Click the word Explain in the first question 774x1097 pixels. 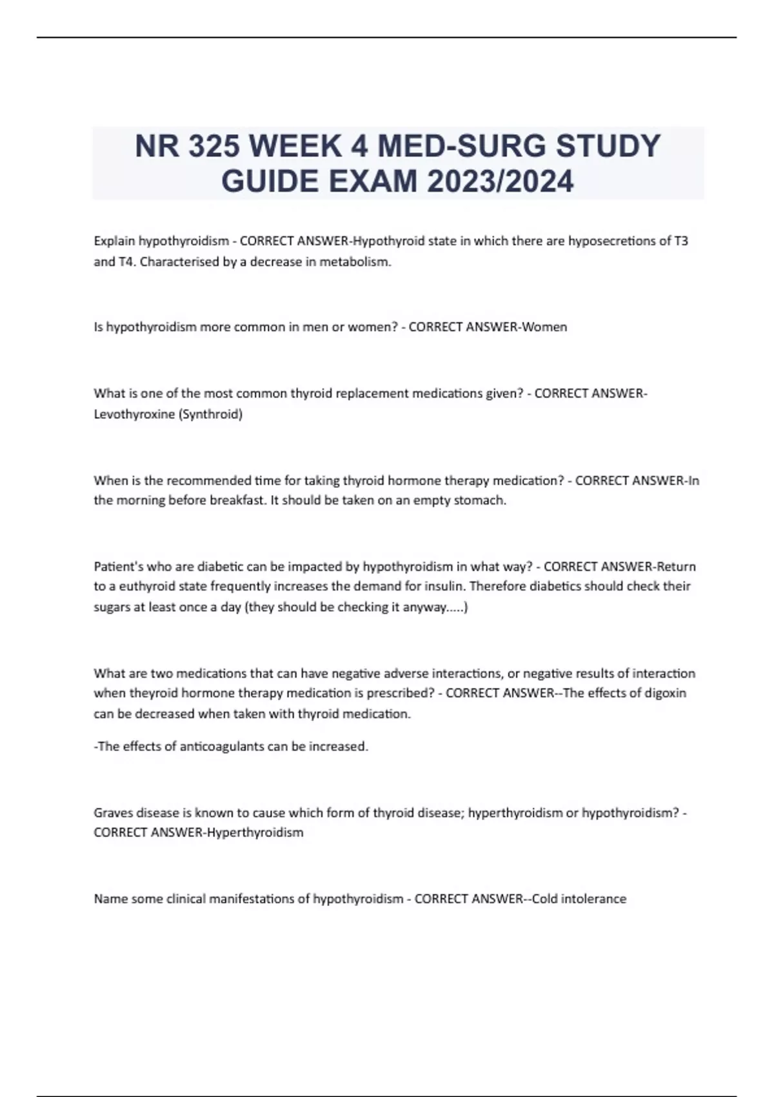[x=114, y=241]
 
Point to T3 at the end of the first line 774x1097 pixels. [x=680, y=241]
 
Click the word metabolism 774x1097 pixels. [x=355, y=262]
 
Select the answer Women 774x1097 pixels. [x=544, y=327]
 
